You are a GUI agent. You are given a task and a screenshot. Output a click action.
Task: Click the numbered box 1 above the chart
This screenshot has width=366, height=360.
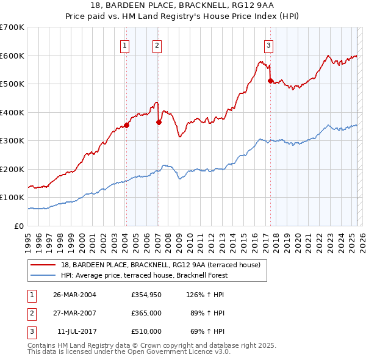point(124,45)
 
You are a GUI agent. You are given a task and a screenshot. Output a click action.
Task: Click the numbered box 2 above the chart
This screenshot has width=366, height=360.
point(157,45)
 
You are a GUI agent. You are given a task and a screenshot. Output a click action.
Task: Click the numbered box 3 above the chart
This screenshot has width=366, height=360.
point(268,45)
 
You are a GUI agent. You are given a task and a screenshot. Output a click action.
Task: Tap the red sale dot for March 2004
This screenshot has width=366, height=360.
point(127,125)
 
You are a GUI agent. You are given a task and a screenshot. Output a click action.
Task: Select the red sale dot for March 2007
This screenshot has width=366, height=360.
point(159,122)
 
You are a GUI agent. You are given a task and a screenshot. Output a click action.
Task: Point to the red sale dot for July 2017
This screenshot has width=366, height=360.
point(270,80)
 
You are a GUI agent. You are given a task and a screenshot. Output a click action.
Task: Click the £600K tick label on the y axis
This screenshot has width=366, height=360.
point(12,56)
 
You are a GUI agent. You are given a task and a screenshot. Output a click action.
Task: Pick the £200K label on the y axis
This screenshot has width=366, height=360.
point(12,169)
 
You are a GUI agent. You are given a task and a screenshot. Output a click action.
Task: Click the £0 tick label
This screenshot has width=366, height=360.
point(19,226)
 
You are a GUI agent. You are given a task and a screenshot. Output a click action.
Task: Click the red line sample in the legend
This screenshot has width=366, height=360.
point(42,265)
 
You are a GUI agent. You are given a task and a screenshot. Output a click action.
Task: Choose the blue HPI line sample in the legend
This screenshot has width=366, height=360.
point(42,275)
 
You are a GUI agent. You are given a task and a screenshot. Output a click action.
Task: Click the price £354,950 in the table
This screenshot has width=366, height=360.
point(146,295)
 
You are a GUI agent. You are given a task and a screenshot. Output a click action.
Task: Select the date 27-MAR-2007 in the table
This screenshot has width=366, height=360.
point(74,313)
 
